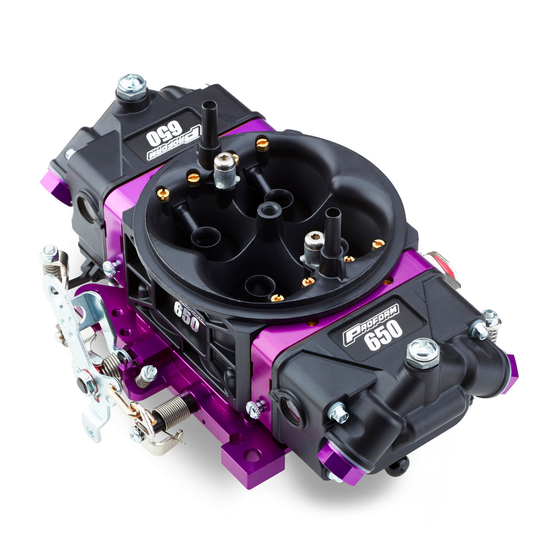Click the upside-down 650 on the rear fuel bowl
164,135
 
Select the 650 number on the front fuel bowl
383,335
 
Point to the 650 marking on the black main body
186,316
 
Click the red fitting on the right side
446,266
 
